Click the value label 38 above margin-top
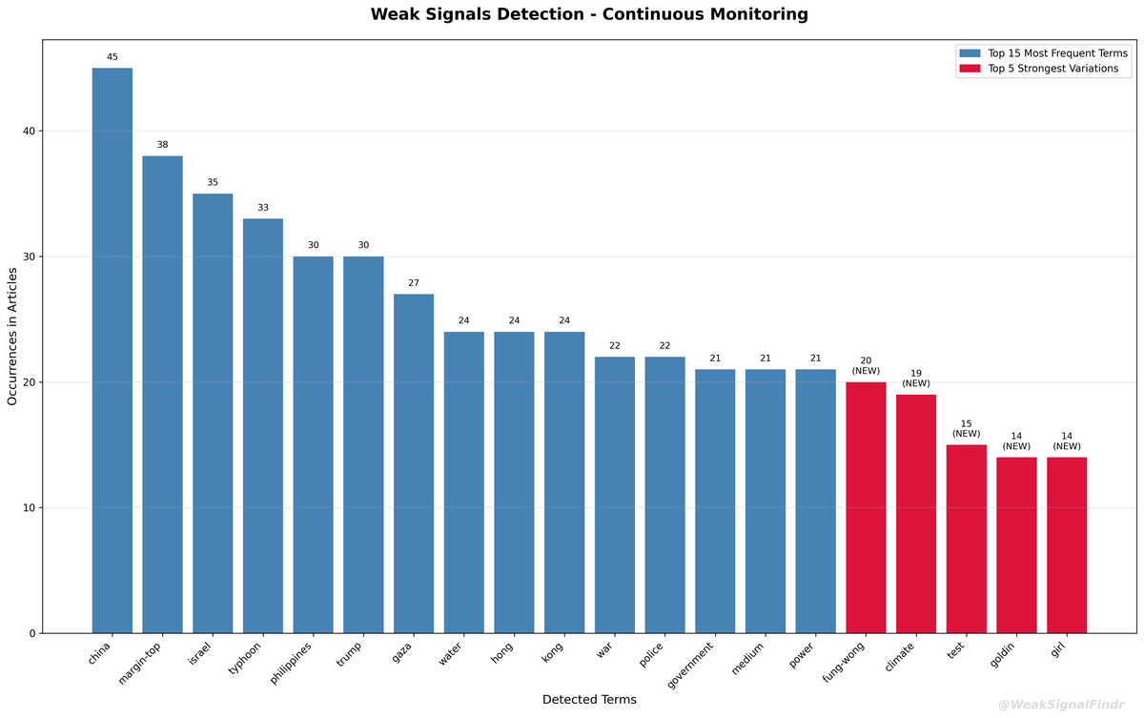pos(163,145)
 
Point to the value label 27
pos(414,283)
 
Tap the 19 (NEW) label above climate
pos(916,379)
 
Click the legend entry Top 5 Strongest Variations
pos(1052,69)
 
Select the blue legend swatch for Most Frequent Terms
pos(970,53)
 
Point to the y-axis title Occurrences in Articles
pos(12,336)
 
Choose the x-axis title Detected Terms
pos(589,699)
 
